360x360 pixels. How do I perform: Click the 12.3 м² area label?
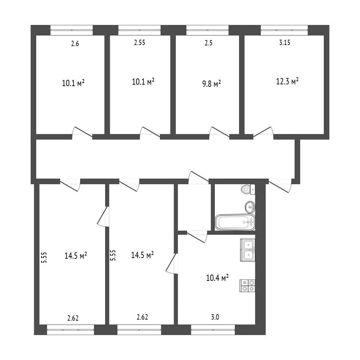click(287, 81)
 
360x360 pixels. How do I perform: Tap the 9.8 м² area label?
click(211, 84)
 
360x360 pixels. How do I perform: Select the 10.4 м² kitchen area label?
click(217, 278)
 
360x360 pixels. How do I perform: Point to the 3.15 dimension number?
click(285, 43)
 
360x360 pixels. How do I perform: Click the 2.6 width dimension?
click(75, 43)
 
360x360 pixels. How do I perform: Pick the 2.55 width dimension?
click(140, 43)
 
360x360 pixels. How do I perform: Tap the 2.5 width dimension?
click(208, 43)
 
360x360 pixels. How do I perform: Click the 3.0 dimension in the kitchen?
click(215, 317)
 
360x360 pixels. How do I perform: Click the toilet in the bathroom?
click(248, 189)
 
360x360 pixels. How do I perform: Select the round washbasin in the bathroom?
click(250, 207)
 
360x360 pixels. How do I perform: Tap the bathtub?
click(235, 222)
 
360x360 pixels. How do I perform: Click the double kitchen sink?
click(248, 250)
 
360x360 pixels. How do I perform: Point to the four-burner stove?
click(247, 285)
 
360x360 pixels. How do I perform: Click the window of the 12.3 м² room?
click(284, 30)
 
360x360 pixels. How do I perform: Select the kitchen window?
click(213, 330)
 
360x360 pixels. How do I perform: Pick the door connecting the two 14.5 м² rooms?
click(103, 217)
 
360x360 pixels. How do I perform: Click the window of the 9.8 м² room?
click(207, 30)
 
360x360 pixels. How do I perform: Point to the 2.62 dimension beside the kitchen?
click(142, 317)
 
